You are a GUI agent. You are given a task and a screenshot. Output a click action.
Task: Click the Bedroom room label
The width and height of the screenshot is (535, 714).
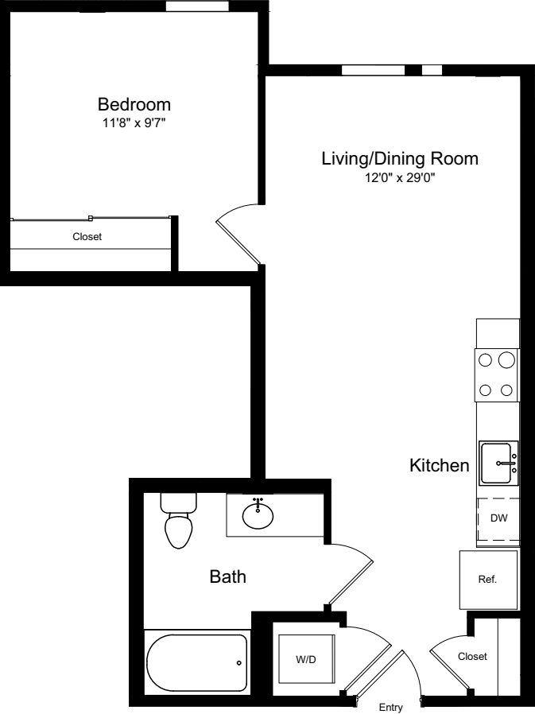coord(134,104)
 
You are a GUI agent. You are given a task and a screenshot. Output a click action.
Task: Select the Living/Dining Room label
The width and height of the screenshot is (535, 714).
coord(400,158)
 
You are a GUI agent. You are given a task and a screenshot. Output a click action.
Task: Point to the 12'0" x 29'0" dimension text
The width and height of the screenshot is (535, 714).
coord(400,177)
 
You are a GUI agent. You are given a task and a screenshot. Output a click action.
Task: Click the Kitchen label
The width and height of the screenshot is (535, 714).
coord(439,466)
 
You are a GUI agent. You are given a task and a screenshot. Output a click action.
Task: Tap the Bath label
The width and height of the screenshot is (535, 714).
coord(227,576)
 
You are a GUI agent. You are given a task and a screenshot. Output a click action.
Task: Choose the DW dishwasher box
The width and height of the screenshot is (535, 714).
coord(498,518)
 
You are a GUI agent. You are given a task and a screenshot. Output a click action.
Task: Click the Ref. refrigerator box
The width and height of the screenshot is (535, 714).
coord(487,580)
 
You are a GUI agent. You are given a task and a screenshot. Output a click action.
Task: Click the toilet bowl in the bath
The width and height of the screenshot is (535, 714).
coord(178,530)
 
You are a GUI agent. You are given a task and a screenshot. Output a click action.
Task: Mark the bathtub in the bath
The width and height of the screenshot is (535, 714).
coord(197,662)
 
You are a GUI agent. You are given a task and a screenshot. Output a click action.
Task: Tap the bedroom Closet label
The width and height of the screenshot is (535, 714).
coord(87,236)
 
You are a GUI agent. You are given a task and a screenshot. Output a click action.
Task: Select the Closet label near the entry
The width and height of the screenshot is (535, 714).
coord(472,657)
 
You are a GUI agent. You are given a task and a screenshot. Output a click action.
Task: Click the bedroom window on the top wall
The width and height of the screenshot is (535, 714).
coord(192,6)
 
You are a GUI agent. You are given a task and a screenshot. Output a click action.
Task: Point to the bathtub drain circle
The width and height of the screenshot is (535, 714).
coord(238,662)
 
